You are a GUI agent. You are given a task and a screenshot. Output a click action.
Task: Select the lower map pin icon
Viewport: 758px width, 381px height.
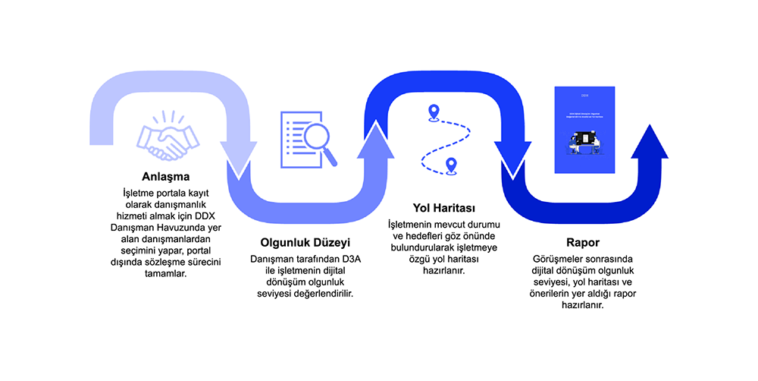(452, 164)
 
